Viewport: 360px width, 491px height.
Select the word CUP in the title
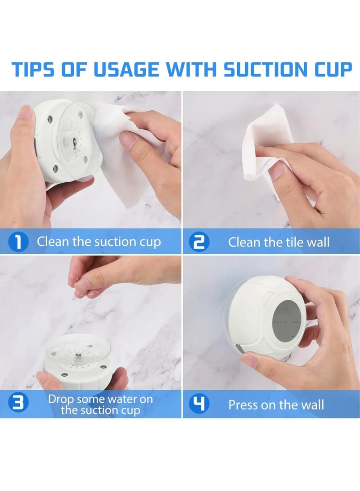tap(329, 70)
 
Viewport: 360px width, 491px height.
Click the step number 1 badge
tap(18, 242)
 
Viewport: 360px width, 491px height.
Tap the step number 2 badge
tap(198, 242)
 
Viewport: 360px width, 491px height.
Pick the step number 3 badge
tap(18, 404)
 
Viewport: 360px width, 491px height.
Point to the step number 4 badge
tap(198, 404)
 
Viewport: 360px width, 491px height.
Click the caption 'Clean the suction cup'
tap(99, 242)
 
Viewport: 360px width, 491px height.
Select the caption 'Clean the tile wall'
tap(279, 242)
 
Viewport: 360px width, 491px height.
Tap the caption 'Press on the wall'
tap(276, 404)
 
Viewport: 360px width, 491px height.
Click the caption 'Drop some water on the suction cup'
tap(100, 404)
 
